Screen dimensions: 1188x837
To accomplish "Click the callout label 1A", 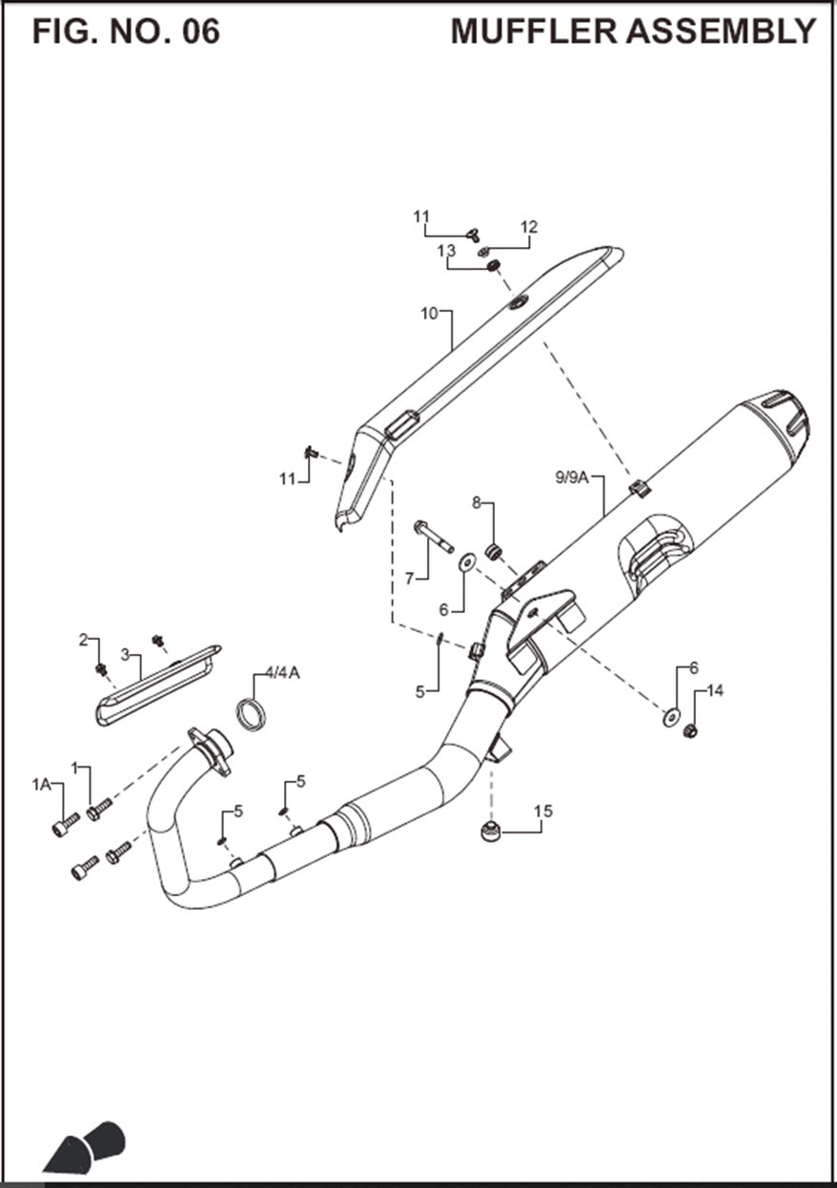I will click(41, 784).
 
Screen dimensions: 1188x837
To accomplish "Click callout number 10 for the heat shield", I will click(428, 312).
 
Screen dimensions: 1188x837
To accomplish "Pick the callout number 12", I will click(529, 227).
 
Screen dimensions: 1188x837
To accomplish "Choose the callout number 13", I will click(447, 250).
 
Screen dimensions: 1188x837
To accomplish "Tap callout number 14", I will click(715, 690).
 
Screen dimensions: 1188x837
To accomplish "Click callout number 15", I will click(542, 811).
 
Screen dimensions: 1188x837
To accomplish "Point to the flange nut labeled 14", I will click(691, 732).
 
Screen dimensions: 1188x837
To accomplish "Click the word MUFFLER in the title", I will click(534, 31).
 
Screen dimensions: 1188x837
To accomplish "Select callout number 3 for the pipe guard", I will click(124, 656).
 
